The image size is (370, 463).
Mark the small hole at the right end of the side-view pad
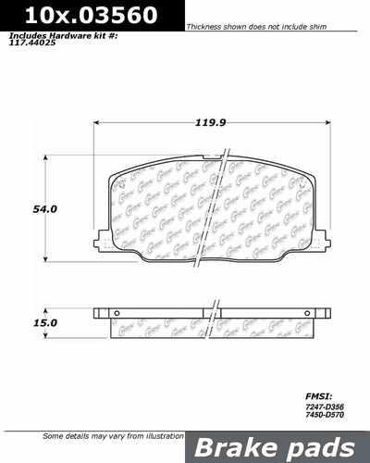click(315, 311)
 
